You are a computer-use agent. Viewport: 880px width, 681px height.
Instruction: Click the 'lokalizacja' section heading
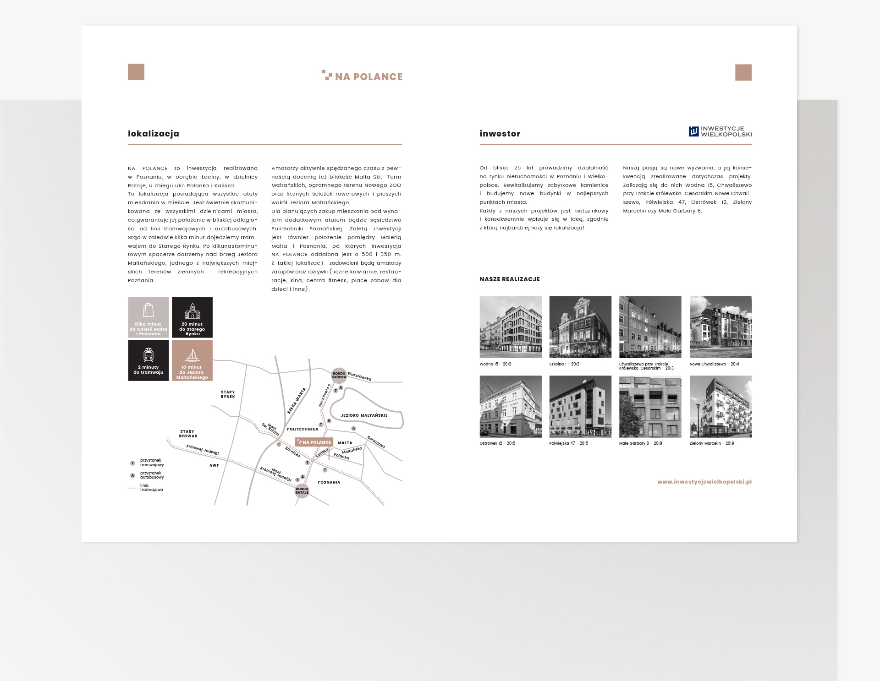(x=154, y=134)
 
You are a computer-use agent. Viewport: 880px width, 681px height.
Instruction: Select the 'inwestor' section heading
(x=500, y=134)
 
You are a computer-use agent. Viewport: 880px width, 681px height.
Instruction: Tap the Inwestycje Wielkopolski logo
(x=720, y=132)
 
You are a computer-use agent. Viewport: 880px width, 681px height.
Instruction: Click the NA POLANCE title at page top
(x=363, y=76)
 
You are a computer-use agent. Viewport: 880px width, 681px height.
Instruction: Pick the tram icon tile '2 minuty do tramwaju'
(x=148, y=360)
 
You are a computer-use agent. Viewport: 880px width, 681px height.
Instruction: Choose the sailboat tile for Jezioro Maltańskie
(x=192, y=360)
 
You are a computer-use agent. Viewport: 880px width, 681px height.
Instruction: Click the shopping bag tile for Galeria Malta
(x=148, y=317)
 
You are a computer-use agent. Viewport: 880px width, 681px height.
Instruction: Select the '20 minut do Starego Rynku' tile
(x=192, y=317)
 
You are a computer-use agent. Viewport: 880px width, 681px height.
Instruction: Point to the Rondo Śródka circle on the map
(x=339, y=375)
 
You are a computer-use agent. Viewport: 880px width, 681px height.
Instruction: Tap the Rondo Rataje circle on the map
(x=302, y=490)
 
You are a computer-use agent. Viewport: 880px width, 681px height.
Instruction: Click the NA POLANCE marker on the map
(x=314, y=442)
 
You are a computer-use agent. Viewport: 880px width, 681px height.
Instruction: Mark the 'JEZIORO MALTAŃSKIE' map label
(x=364, y=415)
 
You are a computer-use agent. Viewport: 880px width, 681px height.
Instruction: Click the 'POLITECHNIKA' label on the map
(x=302, y=429)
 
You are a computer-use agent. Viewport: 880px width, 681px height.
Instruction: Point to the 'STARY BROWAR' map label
(x=187, y=434)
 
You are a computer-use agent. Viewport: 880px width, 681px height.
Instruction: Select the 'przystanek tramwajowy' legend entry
(x=151, y=463)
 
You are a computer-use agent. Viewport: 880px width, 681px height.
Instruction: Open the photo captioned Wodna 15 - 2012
(x=511, y=327)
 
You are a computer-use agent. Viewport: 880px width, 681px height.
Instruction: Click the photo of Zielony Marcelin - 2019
(x=720, y=407)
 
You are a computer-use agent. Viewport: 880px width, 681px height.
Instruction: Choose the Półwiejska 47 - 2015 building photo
(x=580, y=407)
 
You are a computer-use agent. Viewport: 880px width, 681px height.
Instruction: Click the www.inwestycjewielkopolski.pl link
(x=704, y=482)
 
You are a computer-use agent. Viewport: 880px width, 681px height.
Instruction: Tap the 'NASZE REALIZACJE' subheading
(x=510, y=279)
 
